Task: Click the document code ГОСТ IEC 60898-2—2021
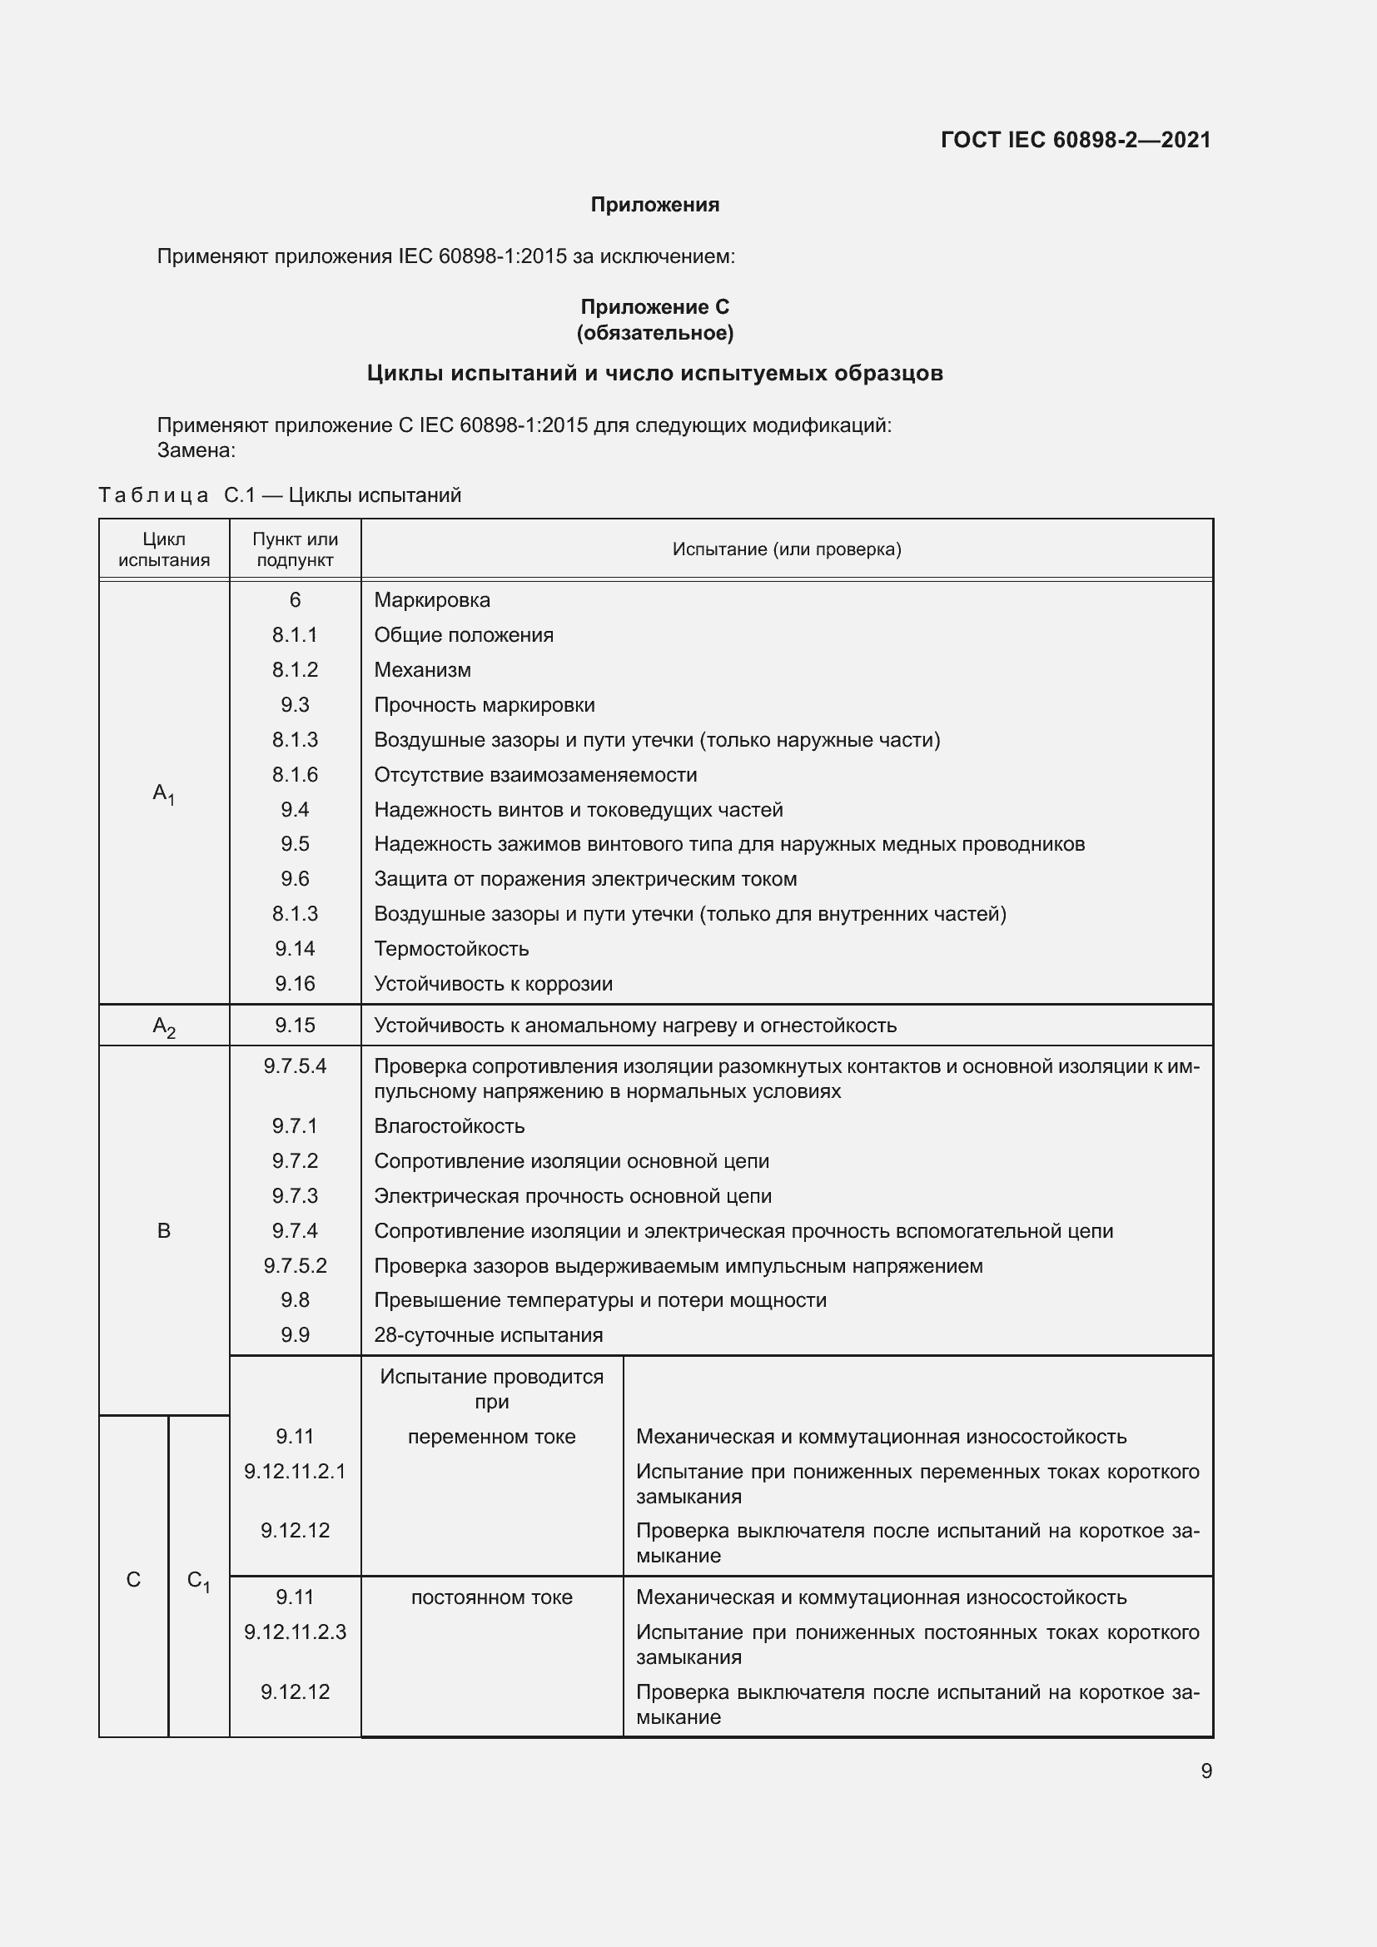pyautogui.click(x=1075, y=140)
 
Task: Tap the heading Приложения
pyautogui.click(x=654, y=205)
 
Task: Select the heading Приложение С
pyautogui.click(x=654, y=307)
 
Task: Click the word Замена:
pyautogui.click(x=196, y=450)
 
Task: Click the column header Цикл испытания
pyautogui.click(x=164, y=549)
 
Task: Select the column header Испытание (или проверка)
pyautogui.click(x=786, y=549)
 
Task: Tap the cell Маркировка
pyautogui.click(x=431, y=600)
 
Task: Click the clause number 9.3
pyautogui.click(x=294, y=705)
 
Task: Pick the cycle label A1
pyautogui.click(x=164, y=794)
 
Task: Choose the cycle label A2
pyautogui.click(x=164, y=1026)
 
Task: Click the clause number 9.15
pyautogui.click(x=294, y=1026)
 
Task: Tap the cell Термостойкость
pyautogui.click(x=451, y=949)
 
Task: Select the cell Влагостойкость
pyautogui.click(x=450, y=1126)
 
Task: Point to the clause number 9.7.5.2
pyautogui.click(x=294, y=1266)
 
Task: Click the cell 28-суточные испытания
pyautogui.click(x=489, y=1334)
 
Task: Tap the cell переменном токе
pyautogui.click(x=491, y=1437)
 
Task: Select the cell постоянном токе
pyautogui.click(x=491, y=1597)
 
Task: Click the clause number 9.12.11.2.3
pyautogui.click(x=294, y=1632)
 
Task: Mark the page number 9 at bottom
pyautogui.click(x=1205, y=1771)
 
